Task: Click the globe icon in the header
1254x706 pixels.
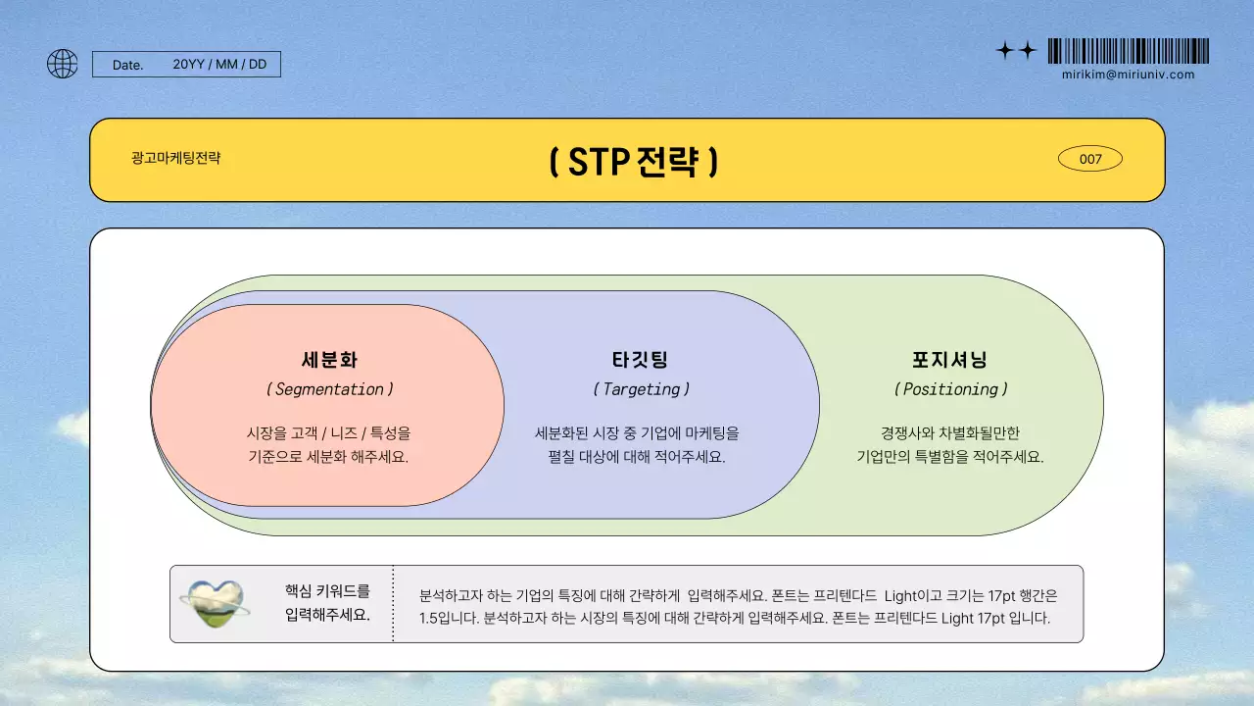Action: [x=63, y=64]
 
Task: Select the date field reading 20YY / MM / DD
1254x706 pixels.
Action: [x=219, y=65]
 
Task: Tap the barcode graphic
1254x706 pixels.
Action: [x=1128, y=51]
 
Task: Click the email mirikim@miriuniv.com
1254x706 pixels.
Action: [x=1128, y=75]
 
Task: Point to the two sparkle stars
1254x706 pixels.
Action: [x=1016, y=51]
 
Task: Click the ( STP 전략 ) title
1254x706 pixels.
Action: [x=633, y=162]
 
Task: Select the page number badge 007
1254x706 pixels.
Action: [x=1090, y=159]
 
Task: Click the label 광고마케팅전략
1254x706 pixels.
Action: [x=176, y=157]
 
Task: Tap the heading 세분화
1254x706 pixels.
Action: [x=329, y=360]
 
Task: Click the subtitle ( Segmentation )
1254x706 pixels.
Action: [x=329, y=389]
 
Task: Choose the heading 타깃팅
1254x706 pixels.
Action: [x=640, y=360]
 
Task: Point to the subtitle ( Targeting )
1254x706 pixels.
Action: [x=641, y=389]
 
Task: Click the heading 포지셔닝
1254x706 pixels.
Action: [x=949, y=360]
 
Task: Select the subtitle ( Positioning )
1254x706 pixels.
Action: [x=950, y=389]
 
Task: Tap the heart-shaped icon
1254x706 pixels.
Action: [x=215, y=603]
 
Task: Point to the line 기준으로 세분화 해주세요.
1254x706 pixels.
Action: [x=328, y=457]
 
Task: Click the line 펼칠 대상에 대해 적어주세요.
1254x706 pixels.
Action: [x=637, y=457]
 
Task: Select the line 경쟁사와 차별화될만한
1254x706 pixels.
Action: [x=950, y=432]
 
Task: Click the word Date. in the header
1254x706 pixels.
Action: [x=127, y=65]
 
